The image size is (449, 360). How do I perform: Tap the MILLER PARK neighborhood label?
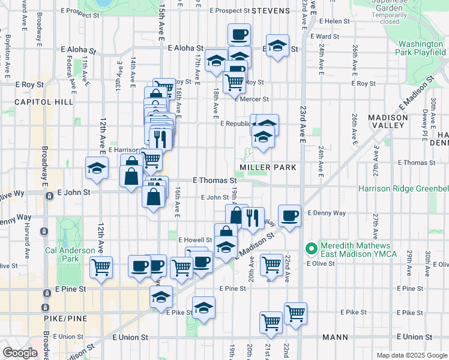pos(268,167)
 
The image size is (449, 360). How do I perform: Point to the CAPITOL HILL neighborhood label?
pos(35,102)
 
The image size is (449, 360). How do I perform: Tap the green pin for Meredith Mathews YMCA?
pos(311,247)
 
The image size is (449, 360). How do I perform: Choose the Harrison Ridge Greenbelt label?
pos(403,188)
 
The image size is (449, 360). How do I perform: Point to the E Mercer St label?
pos(252,99)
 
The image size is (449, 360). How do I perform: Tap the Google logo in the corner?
pos(20,353)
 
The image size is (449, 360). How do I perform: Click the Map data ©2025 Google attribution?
pos(411,355)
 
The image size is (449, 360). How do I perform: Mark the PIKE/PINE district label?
pos(65,318)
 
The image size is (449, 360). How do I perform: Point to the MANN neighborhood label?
pos(335,337)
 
